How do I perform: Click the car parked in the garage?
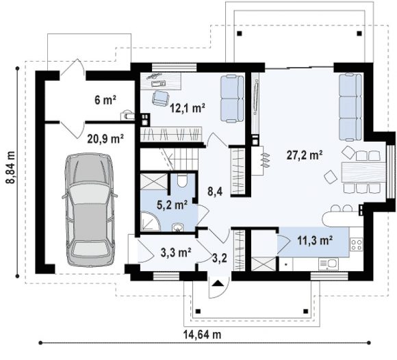(90, 209)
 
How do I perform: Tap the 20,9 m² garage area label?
(105, 139)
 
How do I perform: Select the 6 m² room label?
(105, 100)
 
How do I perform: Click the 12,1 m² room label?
(188, 108)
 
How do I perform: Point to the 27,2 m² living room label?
(305, 155)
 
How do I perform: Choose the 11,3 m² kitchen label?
(315, 240)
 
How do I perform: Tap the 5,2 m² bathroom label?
(172, 205)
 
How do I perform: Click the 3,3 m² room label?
(176, 253)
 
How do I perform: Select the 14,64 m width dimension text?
(202, 335)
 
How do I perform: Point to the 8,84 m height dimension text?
(11, 167)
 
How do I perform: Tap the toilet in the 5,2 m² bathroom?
(182, 180)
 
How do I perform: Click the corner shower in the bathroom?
(151, 221)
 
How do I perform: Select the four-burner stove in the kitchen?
(356, 244)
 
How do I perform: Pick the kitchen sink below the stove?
(329, 263)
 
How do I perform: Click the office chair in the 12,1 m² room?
(161, 98)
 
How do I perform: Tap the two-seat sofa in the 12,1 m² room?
(232, 99)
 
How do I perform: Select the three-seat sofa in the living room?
(350, 107)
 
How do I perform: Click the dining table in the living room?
(363, 172)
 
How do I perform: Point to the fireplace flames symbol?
(266, 160)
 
